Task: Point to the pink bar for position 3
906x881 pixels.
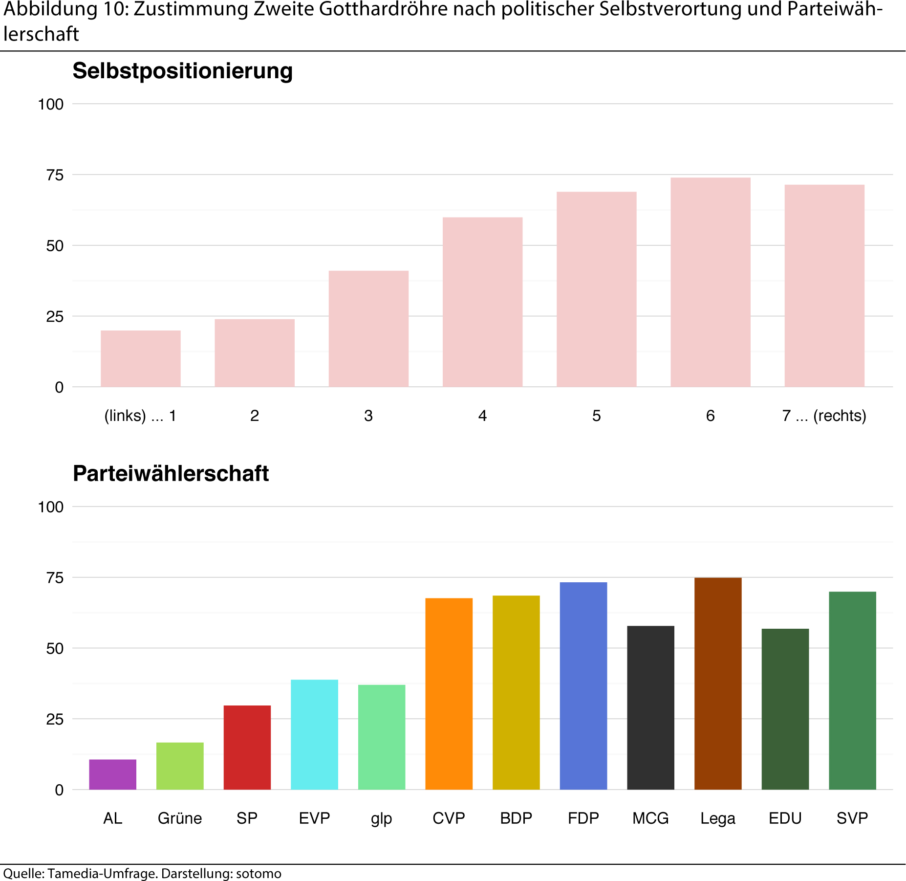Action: tap(368, 329)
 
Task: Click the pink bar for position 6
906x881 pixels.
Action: tap(710, 282)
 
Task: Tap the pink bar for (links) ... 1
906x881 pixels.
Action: tap(141, 358)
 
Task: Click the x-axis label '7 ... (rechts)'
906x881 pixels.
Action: tap(824, 416)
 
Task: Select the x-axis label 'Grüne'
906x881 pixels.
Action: tap(180, 818)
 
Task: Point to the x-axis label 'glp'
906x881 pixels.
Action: tap(381, 818)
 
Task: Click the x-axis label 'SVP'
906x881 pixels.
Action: tap(852, 818)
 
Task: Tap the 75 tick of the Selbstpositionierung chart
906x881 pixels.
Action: tap(55, 175)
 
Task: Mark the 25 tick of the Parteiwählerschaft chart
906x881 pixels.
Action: tap(55, 719)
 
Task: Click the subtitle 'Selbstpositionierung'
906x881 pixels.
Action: tap(182, 71)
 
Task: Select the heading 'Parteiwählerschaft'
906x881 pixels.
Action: tap(171, 473)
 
